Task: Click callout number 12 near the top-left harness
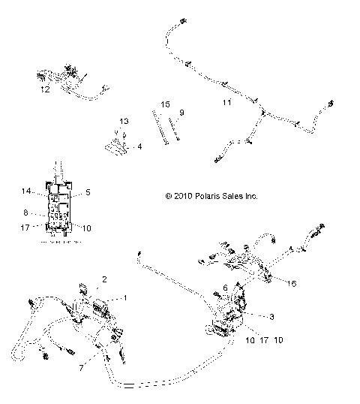45,89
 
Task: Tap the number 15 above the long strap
165,104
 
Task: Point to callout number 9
181,113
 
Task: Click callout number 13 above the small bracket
124,121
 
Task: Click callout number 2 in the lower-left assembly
104,279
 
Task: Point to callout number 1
125,297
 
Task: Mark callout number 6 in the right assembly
225,288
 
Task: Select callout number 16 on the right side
292,284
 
